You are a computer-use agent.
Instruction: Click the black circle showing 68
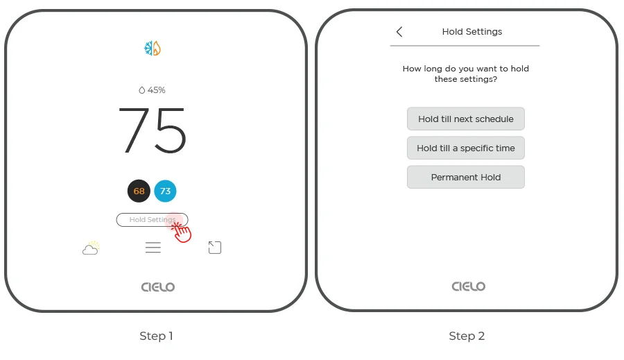point(139,191)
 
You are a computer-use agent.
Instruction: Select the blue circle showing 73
point(165,191)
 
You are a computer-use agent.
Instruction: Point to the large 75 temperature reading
point(153,130)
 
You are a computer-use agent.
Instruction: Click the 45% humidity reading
point(152,90)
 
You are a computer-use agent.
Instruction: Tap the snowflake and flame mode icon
point(152,49)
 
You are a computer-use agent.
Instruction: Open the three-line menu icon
point(153,248)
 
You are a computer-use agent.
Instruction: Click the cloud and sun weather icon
point(91,248)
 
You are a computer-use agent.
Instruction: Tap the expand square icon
point(215,248)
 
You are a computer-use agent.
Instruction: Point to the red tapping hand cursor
point(182,232)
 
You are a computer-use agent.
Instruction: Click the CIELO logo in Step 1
point(158,286)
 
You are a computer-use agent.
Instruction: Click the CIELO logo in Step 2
point(469,286)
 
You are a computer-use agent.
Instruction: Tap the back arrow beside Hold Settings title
point(399,32)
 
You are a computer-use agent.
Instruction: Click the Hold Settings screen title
point(472,32)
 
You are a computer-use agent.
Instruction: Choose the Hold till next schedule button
point(466,119)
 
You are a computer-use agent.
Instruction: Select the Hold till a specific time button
point(466,148)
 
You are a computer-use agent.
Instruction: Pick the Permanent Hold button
point(466,177)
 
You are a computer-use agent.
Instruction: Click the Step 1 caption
point(156,336)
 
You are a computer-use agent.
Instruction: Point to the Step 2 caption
point(467,336)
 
